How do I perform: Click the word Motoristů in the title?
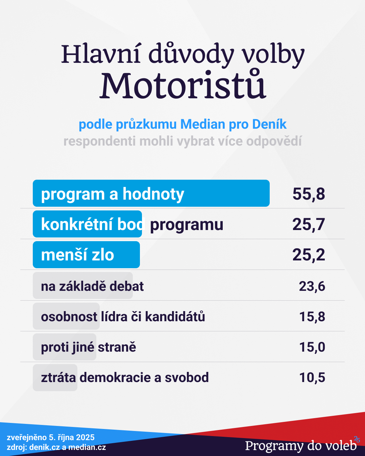click(x=183, y=85)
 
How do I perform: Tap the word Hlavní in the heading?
click(x=100, y=54)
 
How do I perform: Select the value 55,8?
click(x=309, y=194)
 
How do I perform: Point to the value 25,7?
click(x=309, y=224)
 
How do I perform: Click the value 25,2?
click(x=309, y=255)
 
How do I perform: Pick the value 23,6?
click(x=312, y=286)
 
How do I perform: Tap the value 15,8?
click(x=312, y=316)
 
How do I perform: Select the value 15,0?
click(x=312, y=347)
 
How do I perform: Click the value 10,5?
click(x=312, y=377)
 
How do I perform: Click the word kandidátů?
click(x=175, y=316)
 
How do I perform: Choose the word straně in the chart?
click(x=117, y=347)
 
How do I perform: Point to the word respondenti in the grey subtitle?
click(x=100, y=141)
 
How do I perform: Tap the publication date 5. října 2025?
click(x=72, y=437)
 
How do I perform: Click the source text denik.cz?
click(x=45, y=447)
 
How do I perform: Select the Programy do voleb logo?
click(x=301, y=446)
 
